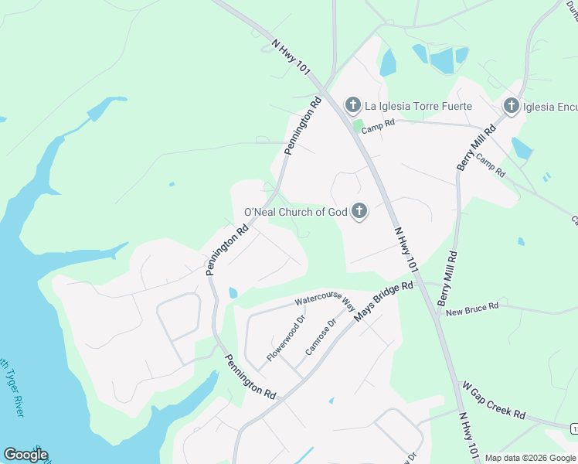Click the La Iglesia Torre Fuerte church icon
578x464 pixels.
coord(353,104)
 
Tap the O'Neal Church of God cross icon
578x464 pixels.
coord(359,211)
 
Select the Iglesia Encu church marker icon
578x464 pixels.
coord(511,105)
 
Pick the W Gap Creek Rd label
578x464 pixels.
coord(494,399)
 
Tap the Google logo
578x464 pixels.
coord(25,455)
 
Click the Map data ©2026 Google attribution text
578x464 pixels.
coord(530,458)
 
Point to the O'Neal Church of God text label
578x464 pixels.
coord(296,212)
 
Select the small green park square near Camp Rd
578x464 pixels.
coord(358,124)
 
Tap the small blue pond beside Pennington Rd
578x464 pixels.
coord(233,292)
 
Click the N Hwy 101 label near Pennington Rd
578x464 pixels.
coord(291,58)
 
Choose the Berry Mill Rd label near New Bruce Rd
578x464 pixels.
coord(447,275)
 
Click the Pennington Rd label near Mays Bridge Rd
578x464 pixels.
coord(250,377)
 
